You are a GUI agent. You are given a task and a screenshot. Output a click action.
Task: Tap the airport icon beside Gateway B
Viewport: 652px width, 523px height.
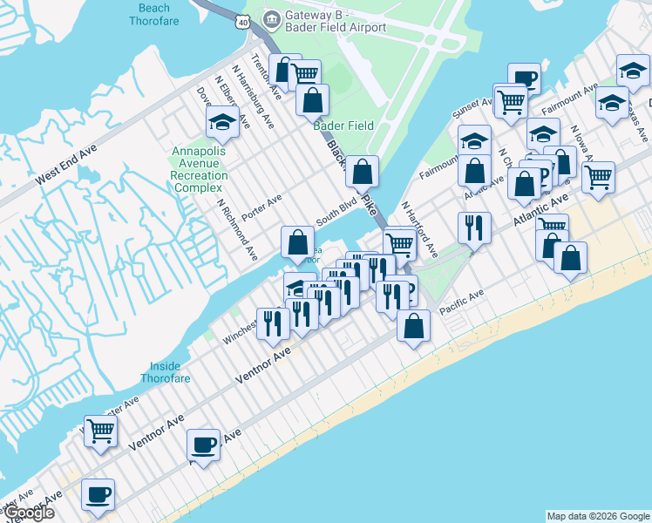(x=272, y=17)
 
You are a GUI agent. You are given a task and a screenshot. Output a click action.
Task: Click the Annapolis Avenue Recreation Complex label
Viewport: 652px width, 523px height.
(x=200, y=169)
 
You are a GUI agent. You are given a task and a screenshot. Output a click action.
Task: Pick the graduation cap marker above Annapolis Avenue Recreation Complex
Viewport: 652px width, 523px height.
(x=223, y=124)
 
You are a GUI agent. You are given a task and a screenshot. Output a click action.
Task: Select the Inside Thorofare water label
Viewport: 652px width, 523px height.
(x=166, y=372)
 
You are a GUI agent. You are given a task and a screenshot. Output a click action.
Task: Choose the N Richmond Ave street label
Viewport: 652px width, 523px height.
(x=236, y=234)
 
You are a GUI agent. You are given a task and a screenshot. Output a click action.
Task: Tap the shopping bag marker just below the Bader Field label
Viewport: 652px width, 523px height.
(x=362, y=172)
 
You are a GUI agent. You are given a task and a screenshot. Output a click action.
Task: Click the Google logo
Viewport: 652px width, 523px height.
(x=28, y=513)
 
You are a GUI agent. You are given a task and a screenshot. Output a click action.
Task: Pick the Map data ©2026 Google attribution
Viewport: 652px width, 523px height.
(x=597, y=516)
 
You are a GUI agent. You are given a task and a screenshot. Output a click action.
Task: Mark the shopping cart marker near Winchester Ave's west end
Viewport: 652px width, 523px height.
(x=101, y=430)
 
